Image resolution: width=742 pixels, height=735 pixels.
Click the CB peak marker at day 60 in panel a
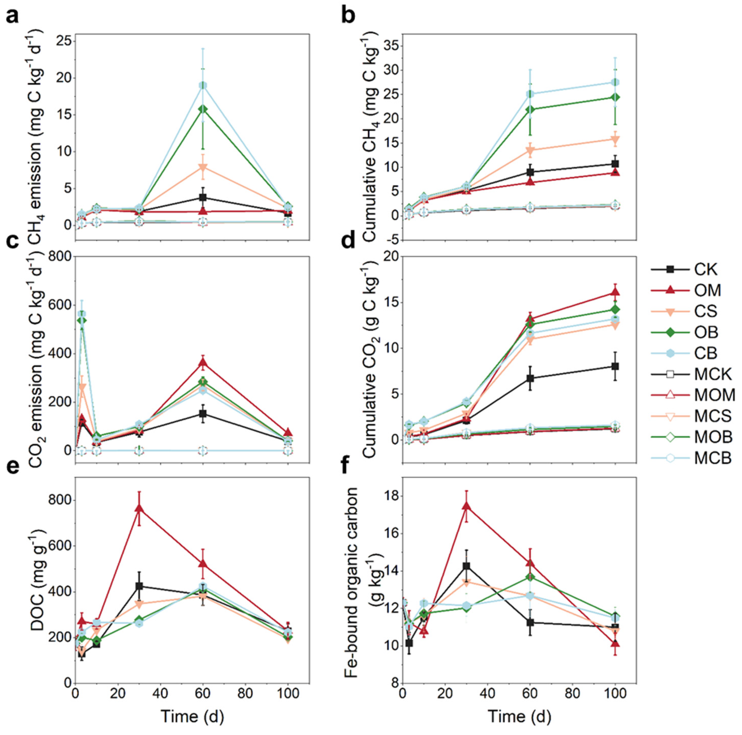click(x=203, y=85)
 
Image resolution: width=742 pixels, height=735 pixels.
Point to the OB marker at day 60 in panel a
click(x=203, y=109)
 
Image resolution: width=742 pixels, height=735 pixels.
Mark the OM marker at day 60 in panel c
click(x=203, y=363)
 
